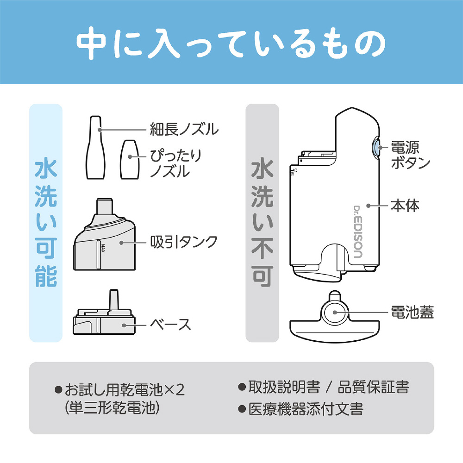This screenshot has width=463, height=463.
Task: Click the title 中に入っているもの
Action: [x=231, y=43]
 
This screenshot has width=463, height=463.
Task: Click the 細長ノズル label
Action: [x=184, y=129]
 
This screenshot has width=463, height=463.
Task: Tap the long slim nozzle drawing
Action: [x=95, y=148]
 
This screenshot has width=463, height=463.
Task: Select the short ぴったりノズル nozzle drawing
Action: [x=130, y=159]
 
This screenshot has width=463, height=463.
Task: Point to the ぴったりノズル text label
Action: [x=175, y=163]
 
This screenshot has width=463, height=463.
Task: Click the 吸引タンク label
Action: [x=184, y=242]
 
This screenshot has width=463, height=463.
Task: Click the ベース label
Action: [x=171, y=324]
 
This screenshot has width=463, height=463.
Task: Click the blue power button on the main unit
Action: [x=375, y=147]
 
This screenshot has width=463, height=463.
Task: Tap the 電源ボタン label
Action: [x=410, y=155]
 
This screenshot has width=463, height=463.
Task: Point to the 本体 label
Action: [x=405, y=206]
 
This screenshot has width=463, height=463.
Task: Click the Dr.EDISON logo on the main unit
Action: [x=358, y=232]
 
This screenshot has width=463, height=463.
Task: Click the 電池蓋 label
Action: [x=412, y=312]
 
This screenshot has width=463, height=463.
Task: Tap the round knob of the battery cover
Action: [x=335, y=313]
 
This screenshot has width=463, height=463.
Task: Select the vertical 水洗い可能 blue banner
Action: [x=46, y=223]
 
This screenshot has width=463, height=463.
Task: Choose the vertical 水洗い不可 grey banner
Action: [x=263, y=223]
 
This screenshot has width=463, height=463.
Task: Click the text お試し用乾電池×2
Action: [x=125, y=390]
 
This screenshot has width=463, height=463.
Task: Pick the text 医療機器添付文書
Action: [x=306, y=409]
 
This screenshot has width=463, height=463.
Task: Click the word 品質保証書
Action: [x=373, y=387]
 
